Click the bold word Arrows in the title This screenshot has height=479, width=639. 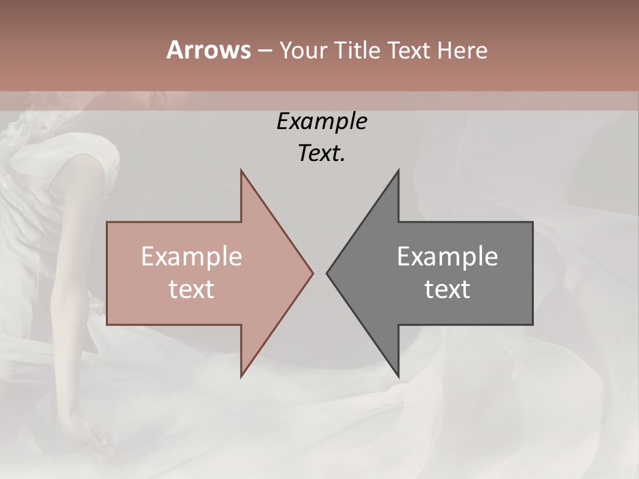(208, 50)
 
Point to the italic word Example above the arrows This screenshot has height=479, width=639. (321, 122)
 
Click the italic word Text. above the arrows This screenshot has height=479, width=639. (321, 154)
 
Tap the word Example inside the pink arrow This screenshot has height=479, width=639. (192, 257)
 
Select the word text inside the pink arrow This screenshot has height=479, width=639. (192, 289)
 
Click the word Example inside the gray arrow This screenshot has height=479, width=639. (447, 257)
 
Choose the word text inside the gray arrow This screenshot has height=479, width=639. (447, 289)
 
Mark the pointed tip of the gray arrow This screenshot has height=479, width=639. (327, 273)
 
